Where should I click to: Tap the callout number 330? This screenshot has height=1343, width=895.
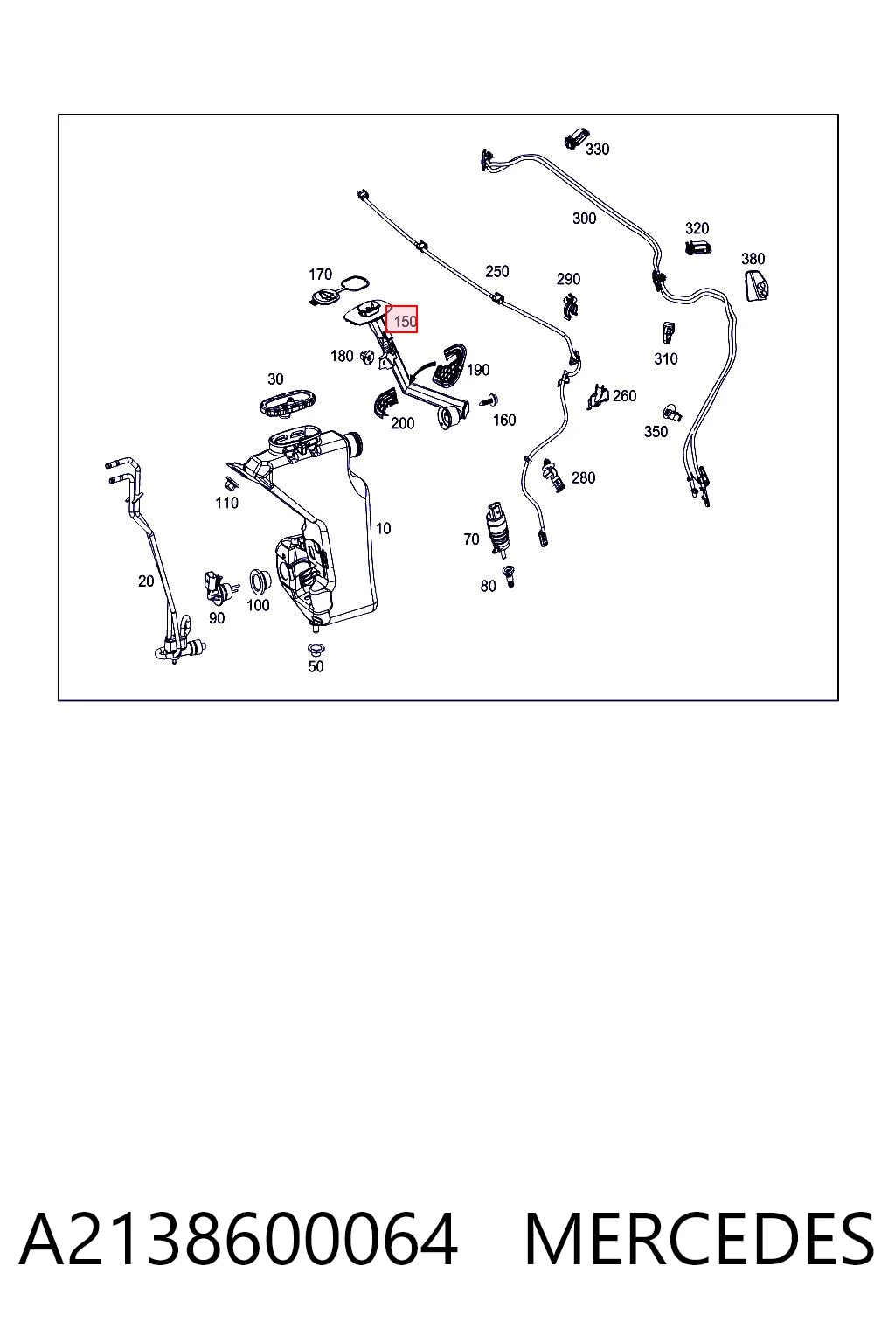[597, 149]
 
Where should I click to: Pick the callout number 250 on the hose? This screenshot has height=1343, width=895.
[497, 272]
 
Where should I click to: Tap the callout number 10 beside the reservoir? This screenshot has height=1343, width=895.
[383, 528]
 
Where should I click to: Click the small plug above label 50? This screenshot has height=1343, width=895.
[314, 649]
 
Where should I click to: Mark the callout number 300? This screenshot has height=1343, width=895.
[584, 219]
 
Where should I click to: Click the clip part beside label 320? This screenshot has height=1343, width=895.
[697, 247]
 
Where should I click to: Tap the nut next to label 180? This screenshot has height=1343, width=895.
[365, 358]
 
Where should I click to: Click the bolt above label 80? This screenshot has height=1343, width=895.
[509, 575]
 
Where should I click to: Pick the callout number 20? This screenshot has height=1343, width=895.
[146, 581]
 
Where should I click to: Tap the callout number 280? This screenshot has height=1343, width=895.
[583, 478]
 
